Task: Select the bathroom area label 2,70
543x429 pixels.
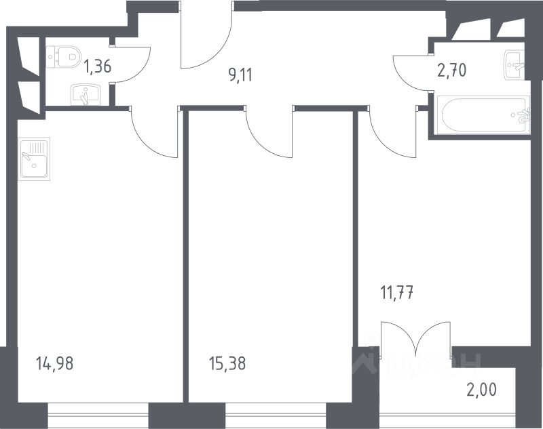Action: point(451,70)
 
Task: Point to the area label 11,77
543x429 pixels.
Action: point(396,293)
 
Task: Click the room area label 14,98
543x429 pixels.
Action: point(54,364)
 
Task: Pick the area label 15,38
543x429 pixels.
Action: point(227,364)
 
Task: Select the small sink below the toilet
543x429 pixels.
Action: point(85,94)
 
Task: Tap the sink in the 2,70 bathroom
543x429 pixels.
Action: point(514,64)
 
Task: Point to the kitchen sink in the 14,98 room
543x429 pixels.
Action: point(34,158)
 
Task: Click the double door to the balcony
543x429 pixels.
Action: point(415,339)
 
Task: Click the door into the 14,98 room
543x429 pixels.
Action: point(153,132)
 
